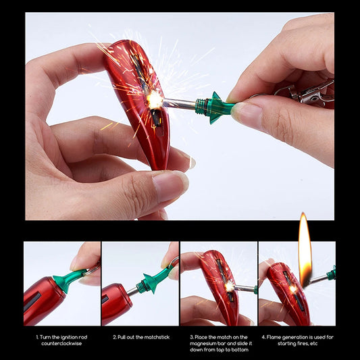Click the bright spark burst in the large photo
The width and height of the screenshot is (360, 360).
pos(155,101)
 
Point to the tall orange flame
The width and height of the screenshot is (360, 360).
pos(305,250)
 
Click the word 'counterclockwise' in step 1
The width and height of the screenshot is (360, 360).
pos(61,344)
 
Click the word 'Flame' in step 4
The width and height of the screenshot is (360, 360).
pos(274,337)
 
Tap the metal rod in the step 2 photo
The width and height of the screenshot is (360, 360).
pos(132,291)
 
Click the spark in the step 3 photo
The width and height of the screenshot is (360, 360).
pos(230,286)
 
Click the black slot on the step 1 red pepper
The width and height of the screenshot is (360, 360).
pos(32,302)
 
